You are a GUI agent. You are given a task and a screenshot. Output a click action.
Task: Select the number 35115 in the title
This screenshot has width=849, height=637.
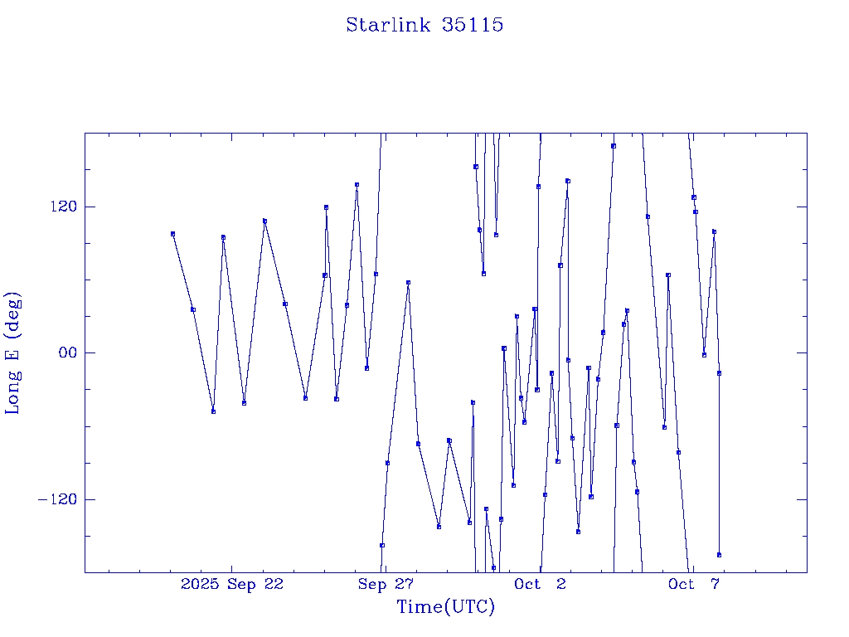click(x=473, y=25)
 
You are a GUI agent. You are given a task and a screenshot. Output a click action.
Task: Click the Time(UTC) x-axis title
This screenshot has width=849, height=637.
click(x=445, y=607)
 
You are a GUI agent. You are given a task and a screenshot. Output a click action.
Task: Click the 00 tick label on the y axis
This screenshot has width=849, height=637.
click(x=65, y=353)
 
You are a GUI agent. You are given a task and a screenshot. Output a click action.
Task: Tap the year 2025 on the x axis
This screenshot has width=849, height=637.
click(x=201, y=584)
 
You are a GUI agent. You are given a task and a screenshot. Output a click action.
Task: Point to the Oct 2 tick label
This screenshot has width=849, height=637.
click(x=541, y=584)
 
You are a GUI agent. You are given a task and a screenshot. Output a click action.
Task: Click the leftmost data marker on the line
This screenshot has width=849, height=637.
click(x=172, y=234)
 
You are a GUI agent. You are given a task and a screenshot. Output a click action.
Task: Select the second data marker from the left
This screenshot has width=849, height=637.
click(x=193, y=309)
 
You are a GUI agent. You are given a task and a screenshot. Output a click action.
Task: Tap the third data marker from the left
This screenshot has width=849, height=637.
click(x=213, y=411)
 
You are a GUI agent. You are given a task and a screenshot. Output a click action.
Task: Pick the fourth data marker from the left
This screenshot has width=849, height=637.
click(x=223, y=237)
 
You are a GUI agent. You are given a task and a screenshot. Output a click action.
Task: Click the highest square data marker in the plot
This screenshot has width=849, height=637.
click(x=614, y=146)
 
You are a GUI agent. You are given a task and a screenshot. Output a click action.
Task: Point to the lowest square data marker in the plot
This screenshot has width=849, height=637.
click(x=493, y=567)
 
